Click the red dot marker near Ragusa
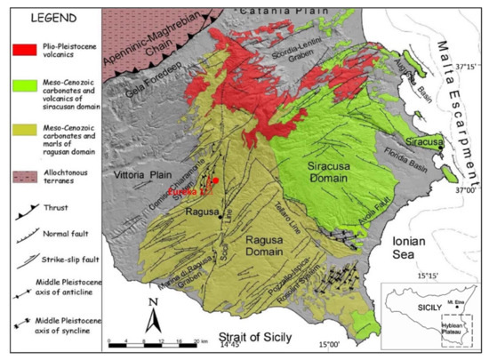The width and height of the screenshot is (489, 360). [216, 180]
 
